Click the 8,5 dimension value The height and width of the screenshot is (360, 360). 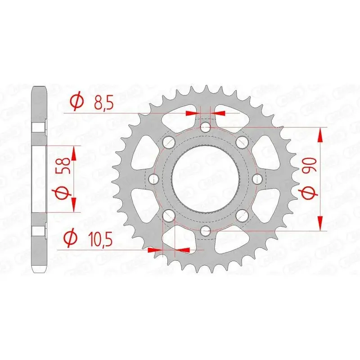(104, 103)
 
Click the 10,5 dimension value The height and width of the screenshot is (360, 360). (100, 239)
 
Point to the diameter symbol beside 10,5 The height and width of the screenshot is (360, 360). (70, 238)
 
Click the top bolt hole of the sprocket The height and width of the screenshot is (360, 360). (206, 127)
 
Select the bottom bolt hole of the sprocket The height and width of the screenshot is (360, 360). (206, 230)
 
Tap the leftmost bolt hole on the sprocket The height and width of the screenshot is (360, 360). (154, 179)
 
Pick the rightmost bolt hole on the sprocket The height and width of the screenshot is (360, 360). (257, 179)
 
